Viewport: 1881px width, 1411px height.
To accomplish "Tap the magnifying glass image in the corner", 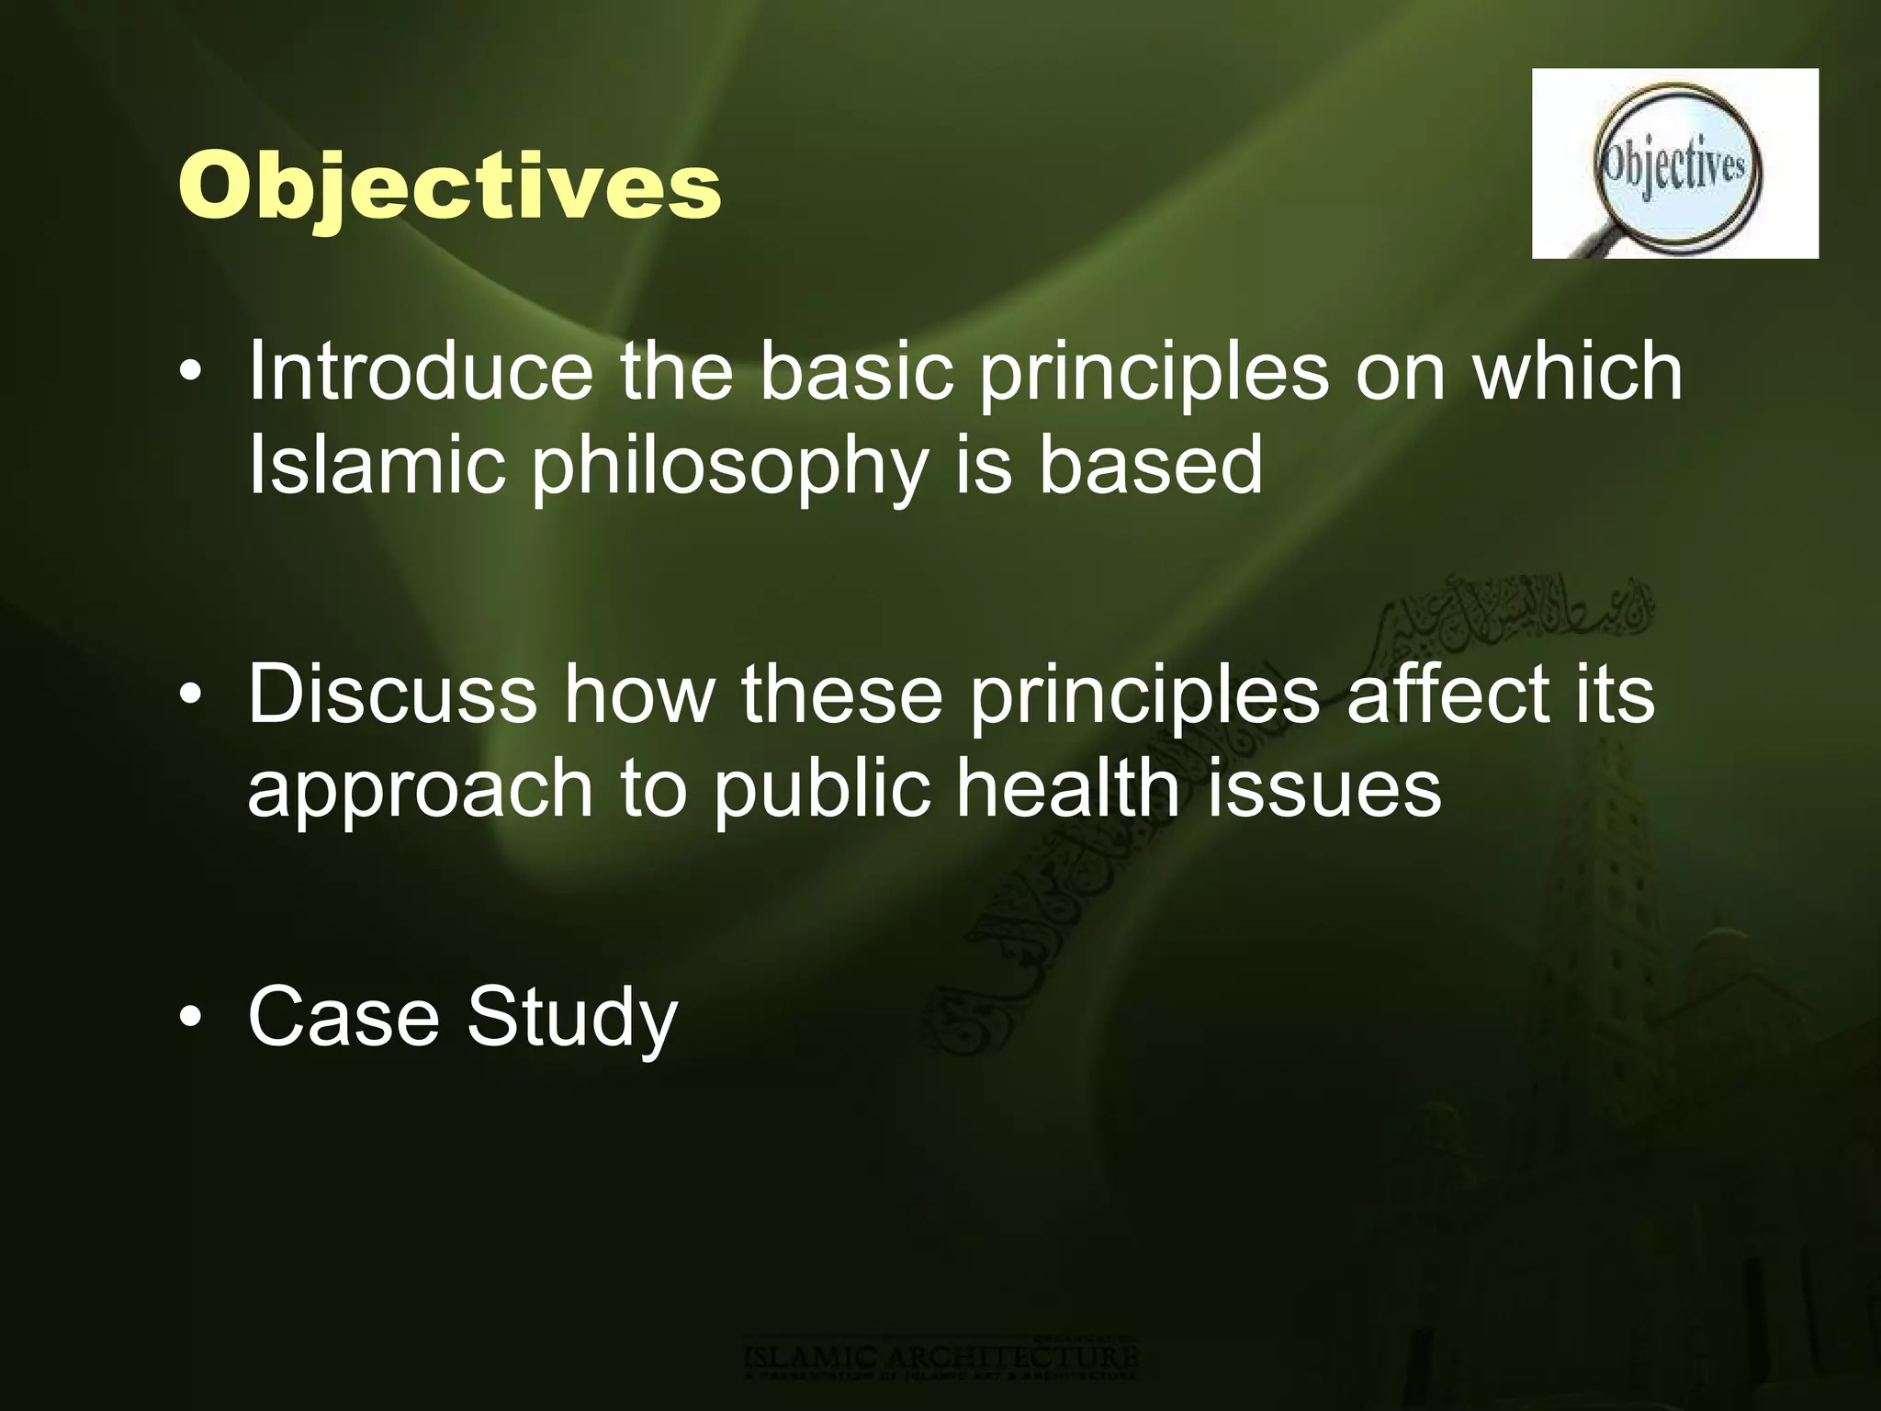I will point(1674,164).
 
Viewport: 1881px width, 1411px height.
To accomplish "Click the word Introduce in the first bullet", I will point(420,371).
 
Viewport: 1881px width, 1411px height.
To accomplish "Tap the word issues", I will point(1323,788).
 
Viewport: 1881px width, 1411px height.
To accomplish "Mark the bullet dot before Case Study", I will point(189,1019).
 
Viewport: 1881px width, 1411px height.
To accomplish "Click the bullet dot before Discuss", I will point(189,696).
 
